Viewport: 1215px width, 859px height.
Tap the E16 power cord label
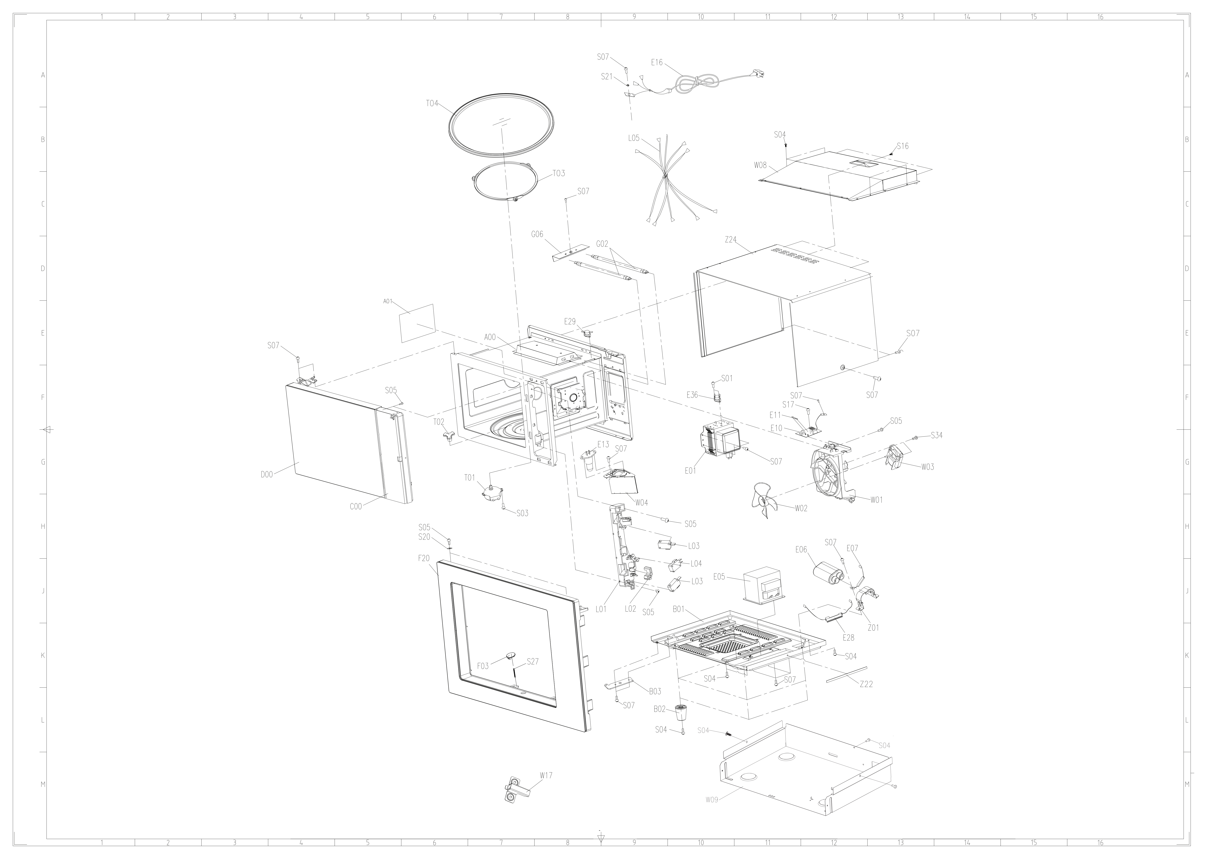click(x=657, y=63)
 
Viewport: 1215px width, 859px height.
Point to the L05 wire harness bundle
click(x=677, y=180)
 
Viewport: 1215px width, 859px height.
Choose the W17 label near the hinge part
click(x=546, y=775)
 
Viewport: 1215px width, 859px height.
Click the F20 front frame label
click(x=424, y=558)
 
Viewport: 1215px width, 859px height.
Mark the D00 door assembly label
click(x=267, y=475)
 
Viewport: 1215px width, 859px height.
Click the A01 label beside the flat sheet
click(x=387, y=302)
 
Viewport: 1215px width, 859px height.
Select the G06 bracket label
click(x=537, y=234)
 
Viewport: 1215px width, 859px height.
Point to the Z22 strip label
click(x=866, y=684)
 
